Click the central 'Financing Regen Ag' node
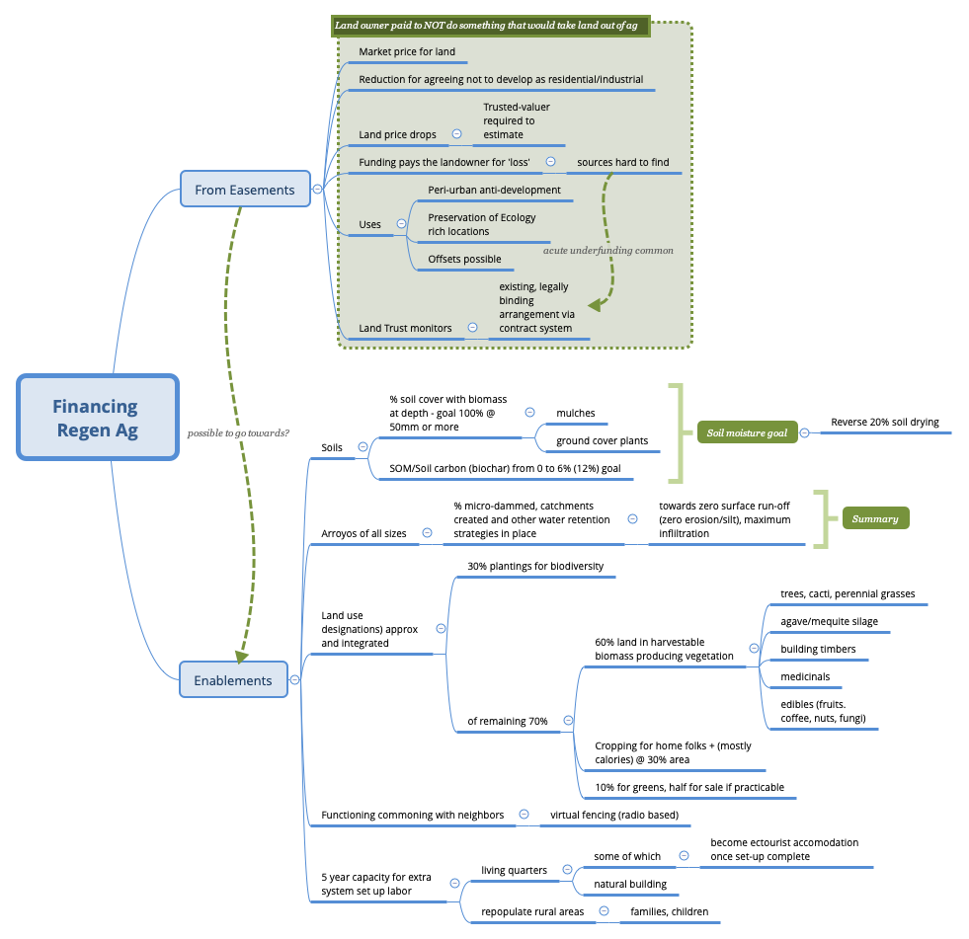click(x=97, y=418)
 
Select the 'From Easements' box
click(x=244, y=190)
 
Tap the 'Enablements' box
click(x=233, y=679)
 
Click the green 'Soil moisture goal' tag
click(x=747, y=432)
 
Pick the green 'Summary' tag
click(x=874, y=518)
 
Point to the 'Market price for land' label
click(x=406, y=51)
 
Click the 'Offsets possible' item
click(x=464, y=260)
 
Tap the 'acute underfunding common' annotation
click(x=607, y=251)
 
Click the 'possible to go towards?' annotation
click(x=238, y=432)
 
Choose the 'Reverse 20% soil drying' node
click(x=884, y=423)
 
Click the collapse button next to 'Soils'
click(x=363, y=447)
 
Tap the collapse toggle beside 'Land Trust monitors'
click(x=472, y=328)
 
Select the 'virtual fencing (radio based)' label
click(x=614, y=815)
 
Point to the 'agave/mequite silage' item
click(x=829, y=622)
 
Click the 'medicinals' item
click(x=805, y=677)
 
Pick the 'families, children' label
click(x=669, y=911)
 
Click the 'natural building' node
click(x=629, y=884)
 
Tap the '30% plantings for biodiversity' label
click(x=534, y=567)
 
